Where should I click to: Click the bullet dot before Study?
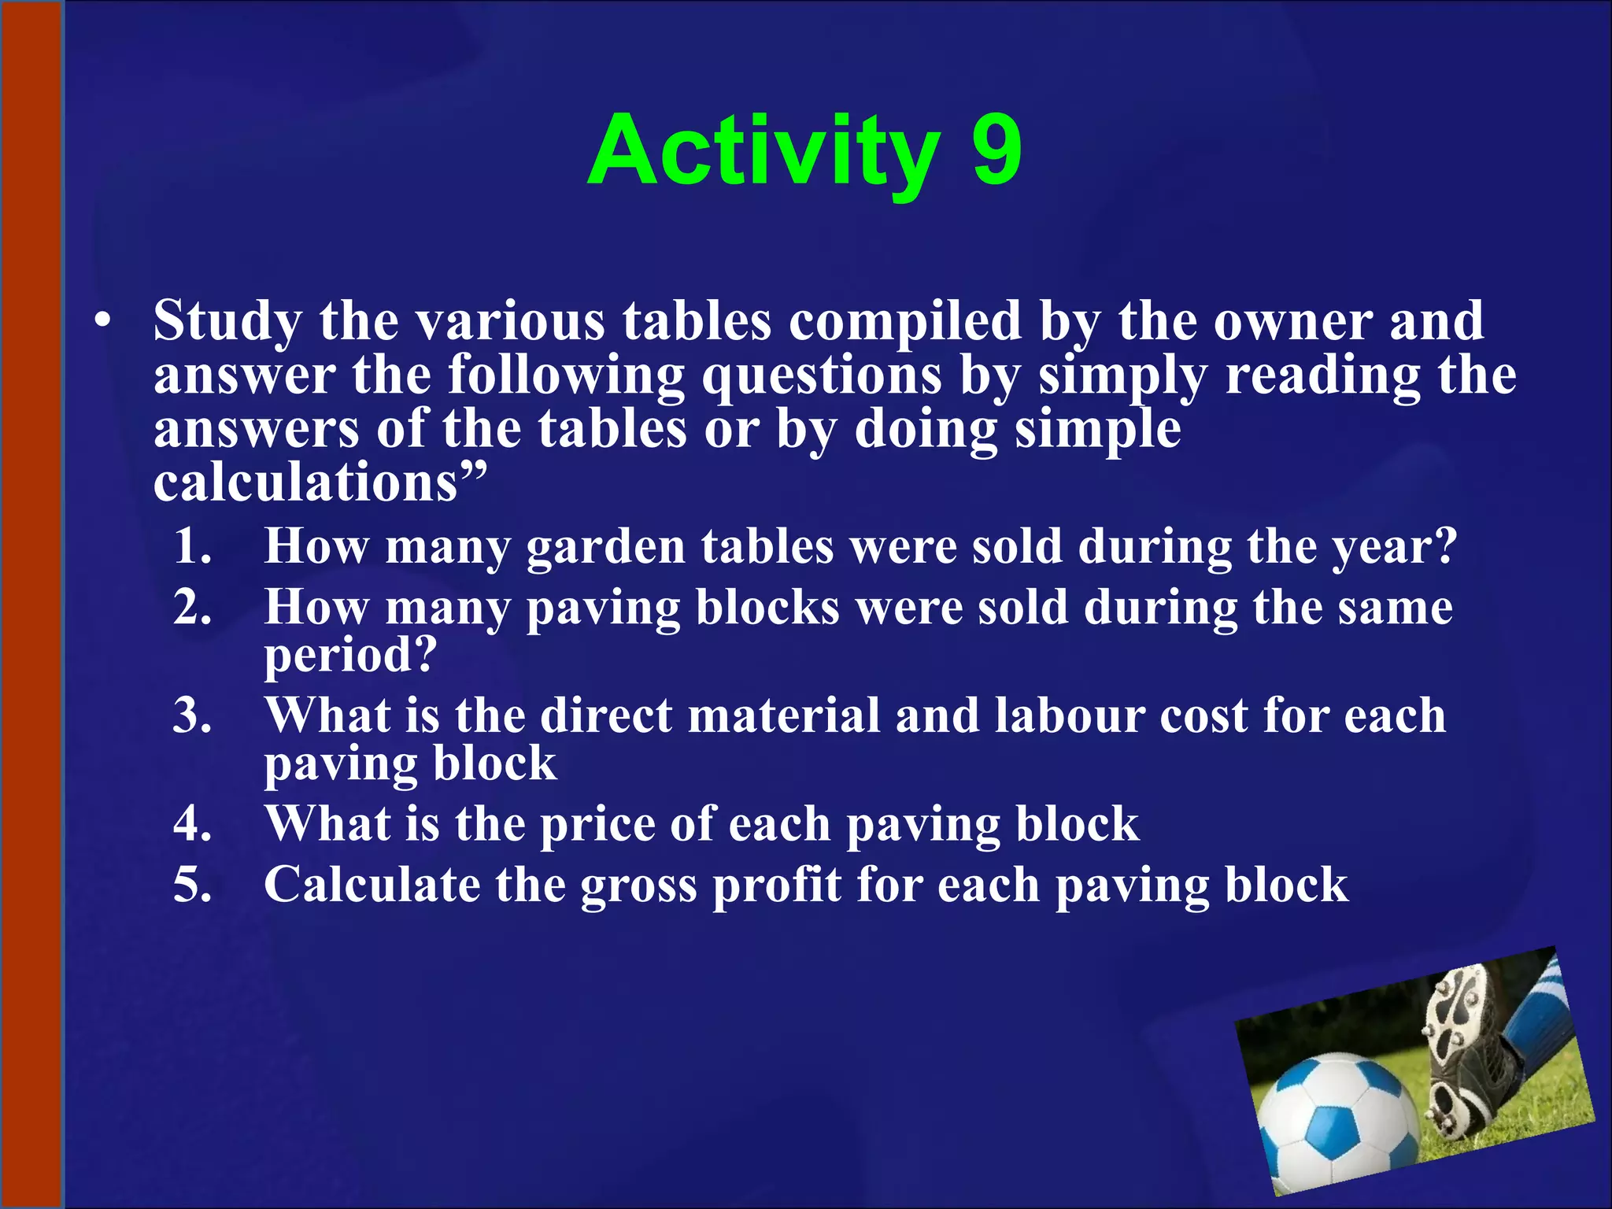point(102,323)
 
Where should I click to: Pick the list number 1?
point(192,545)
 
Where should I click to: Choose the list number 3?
point(192,715)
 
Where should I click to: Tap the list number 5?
point(192,885)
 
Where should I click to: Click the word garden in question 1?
point(606,547)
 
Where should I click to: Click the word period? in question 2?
point(349,656)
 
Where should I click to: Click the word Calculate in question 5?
point(372,885)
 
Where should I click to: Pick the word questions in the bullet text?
point(822,375)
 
